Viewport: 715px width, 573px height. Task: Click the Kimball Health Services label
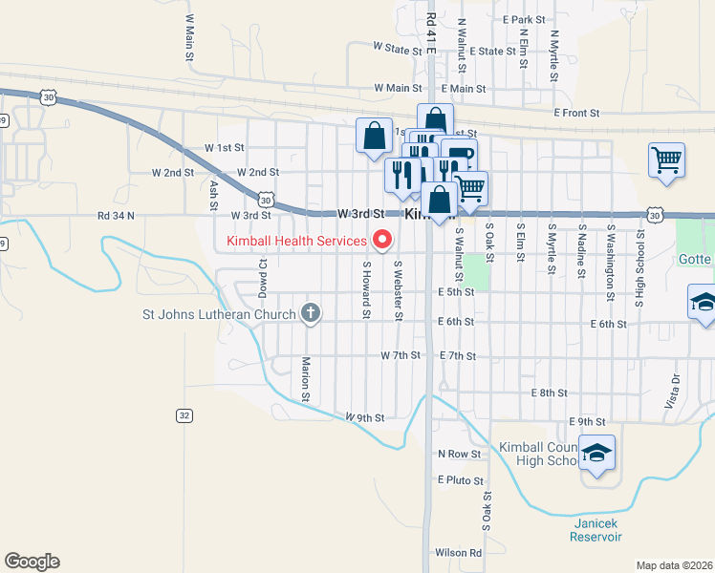point(297,241)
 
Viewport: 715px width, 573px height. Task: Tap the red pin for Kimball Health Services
point(384,239)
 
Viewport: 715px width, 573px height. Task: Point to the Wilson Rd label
point(459,552)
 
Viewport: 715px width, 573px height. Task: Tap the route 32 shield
point(184,415)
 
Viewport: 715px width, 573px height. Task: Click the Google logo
point(32,562)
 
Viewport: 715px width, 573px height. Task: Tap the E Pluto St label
point(461,480)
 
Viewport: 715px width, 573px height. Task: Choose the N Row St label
point(459,454)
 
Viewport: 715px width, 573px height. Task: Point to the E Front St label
point(576,113)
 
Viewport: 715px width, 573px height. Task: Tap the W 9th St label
point(365,418)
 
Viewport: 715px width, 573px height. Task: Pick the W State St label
point(397,46)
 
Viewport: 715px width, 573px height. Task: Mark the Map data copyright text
point(674,565)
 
